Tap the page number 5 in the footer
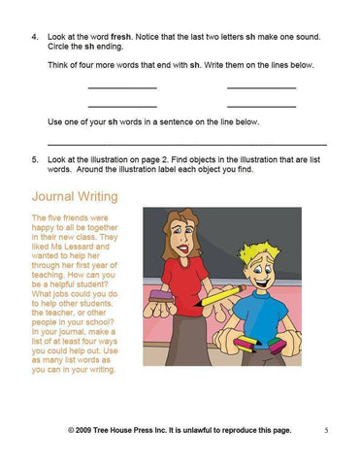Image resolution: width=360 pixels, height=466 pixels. tap(326, 429)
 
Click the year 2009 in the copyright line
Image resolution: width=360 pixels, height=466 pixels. tap(88, 429)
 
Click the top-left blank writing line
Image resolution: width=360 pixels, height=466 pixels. tap(121, 89)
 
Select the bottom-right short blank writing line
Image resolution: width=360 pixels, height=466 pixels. tap(261, 106)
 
